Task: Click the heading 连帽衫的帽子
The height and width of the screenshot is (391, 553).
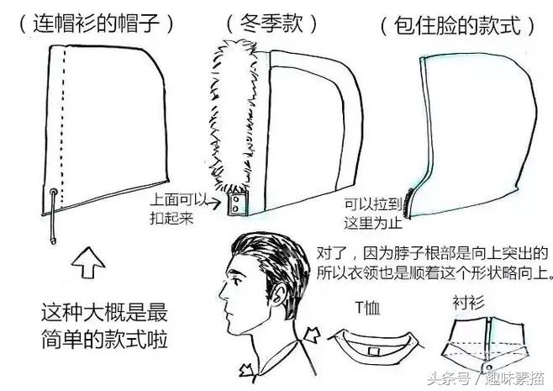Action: (x=96, y=24)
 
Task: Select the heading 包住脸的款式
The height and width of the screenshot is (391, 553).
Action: (x=457, y=26)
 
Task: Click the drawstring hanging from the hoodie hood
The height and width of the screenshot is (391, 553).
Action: (x=55, y=215)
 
